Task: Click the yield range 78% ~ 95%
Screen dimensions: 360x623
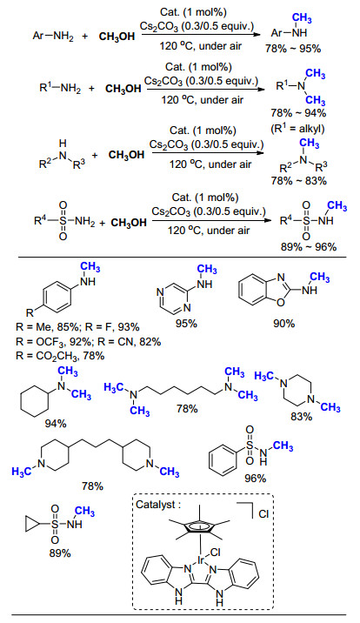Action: coord(293,49)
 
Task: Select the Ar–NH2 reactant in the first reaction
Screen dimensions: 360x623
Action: coord(53,37)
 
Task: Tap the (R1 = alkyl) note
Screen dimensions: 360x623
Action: coord(297,128)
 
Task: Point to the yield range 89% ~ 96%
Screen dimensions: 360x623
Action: coord(309,247)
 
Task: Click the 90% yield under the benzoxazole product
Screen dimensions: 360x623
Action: coord(283,324)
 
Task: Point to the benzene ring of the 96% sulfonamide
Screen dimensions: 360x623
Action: coord(223,459)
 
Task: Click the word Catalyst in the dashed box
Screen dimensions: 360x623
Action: coord(156,505)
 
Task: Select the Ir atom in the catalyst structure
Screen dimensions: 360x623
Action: coord(201,560)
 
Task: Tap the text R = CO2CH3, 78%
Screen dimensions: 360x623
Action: coord(60,356)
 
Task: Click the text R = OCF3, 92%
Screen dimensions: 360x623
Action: coord(53,342)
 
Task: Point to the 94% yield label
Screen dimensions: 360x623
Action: coord(56,424)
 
